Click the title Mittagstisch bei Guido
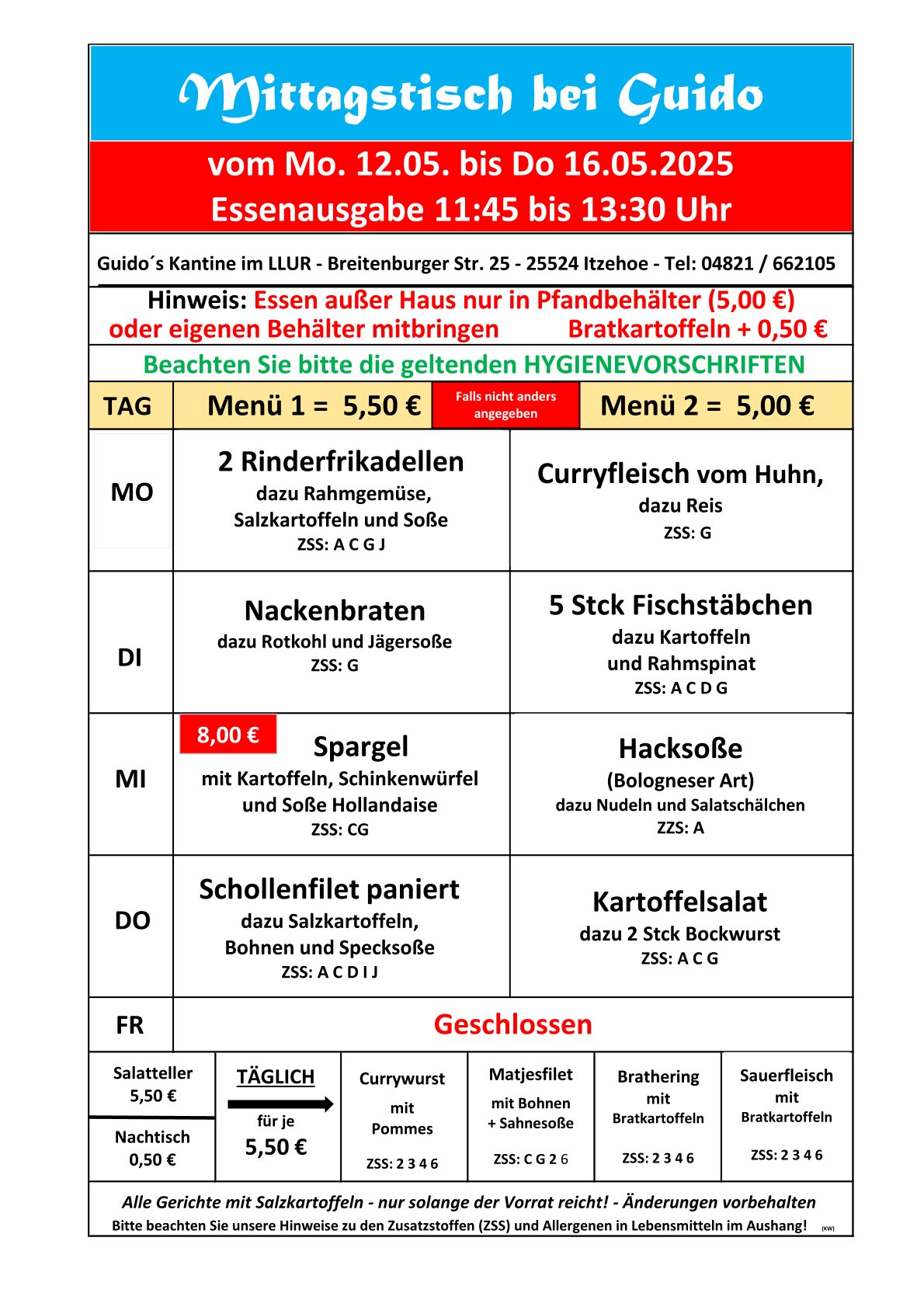point(471,96)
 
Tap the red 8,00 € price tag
point(228,735)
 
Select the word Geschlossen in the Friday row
point(512,1024)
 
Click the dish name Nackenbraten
point(335,611)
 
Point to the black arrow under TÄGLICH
point(280,1104)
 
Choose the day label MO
point(132,492)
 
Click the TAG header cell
point(128,406)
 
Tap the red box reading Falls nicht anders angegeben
point(505,405)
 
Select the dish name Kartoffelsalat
point(679,902)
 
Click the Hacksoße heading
point(680,749)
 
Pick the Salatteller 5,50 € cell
point(152,1084)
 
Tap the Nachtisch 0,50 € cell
point(152,1149)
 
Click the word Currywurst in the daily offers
point(401,1079)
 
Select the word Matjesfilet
point(530,1075)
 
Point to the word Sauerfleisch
point(786,1076)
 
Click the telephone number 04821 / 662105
point(768,264)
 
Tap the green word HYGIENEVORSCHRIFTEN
point(664,365)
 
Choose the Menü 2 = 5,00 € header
point(707,405)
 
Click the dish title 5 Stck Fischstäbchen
point(680,606)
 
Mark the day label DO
point(132,921)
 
